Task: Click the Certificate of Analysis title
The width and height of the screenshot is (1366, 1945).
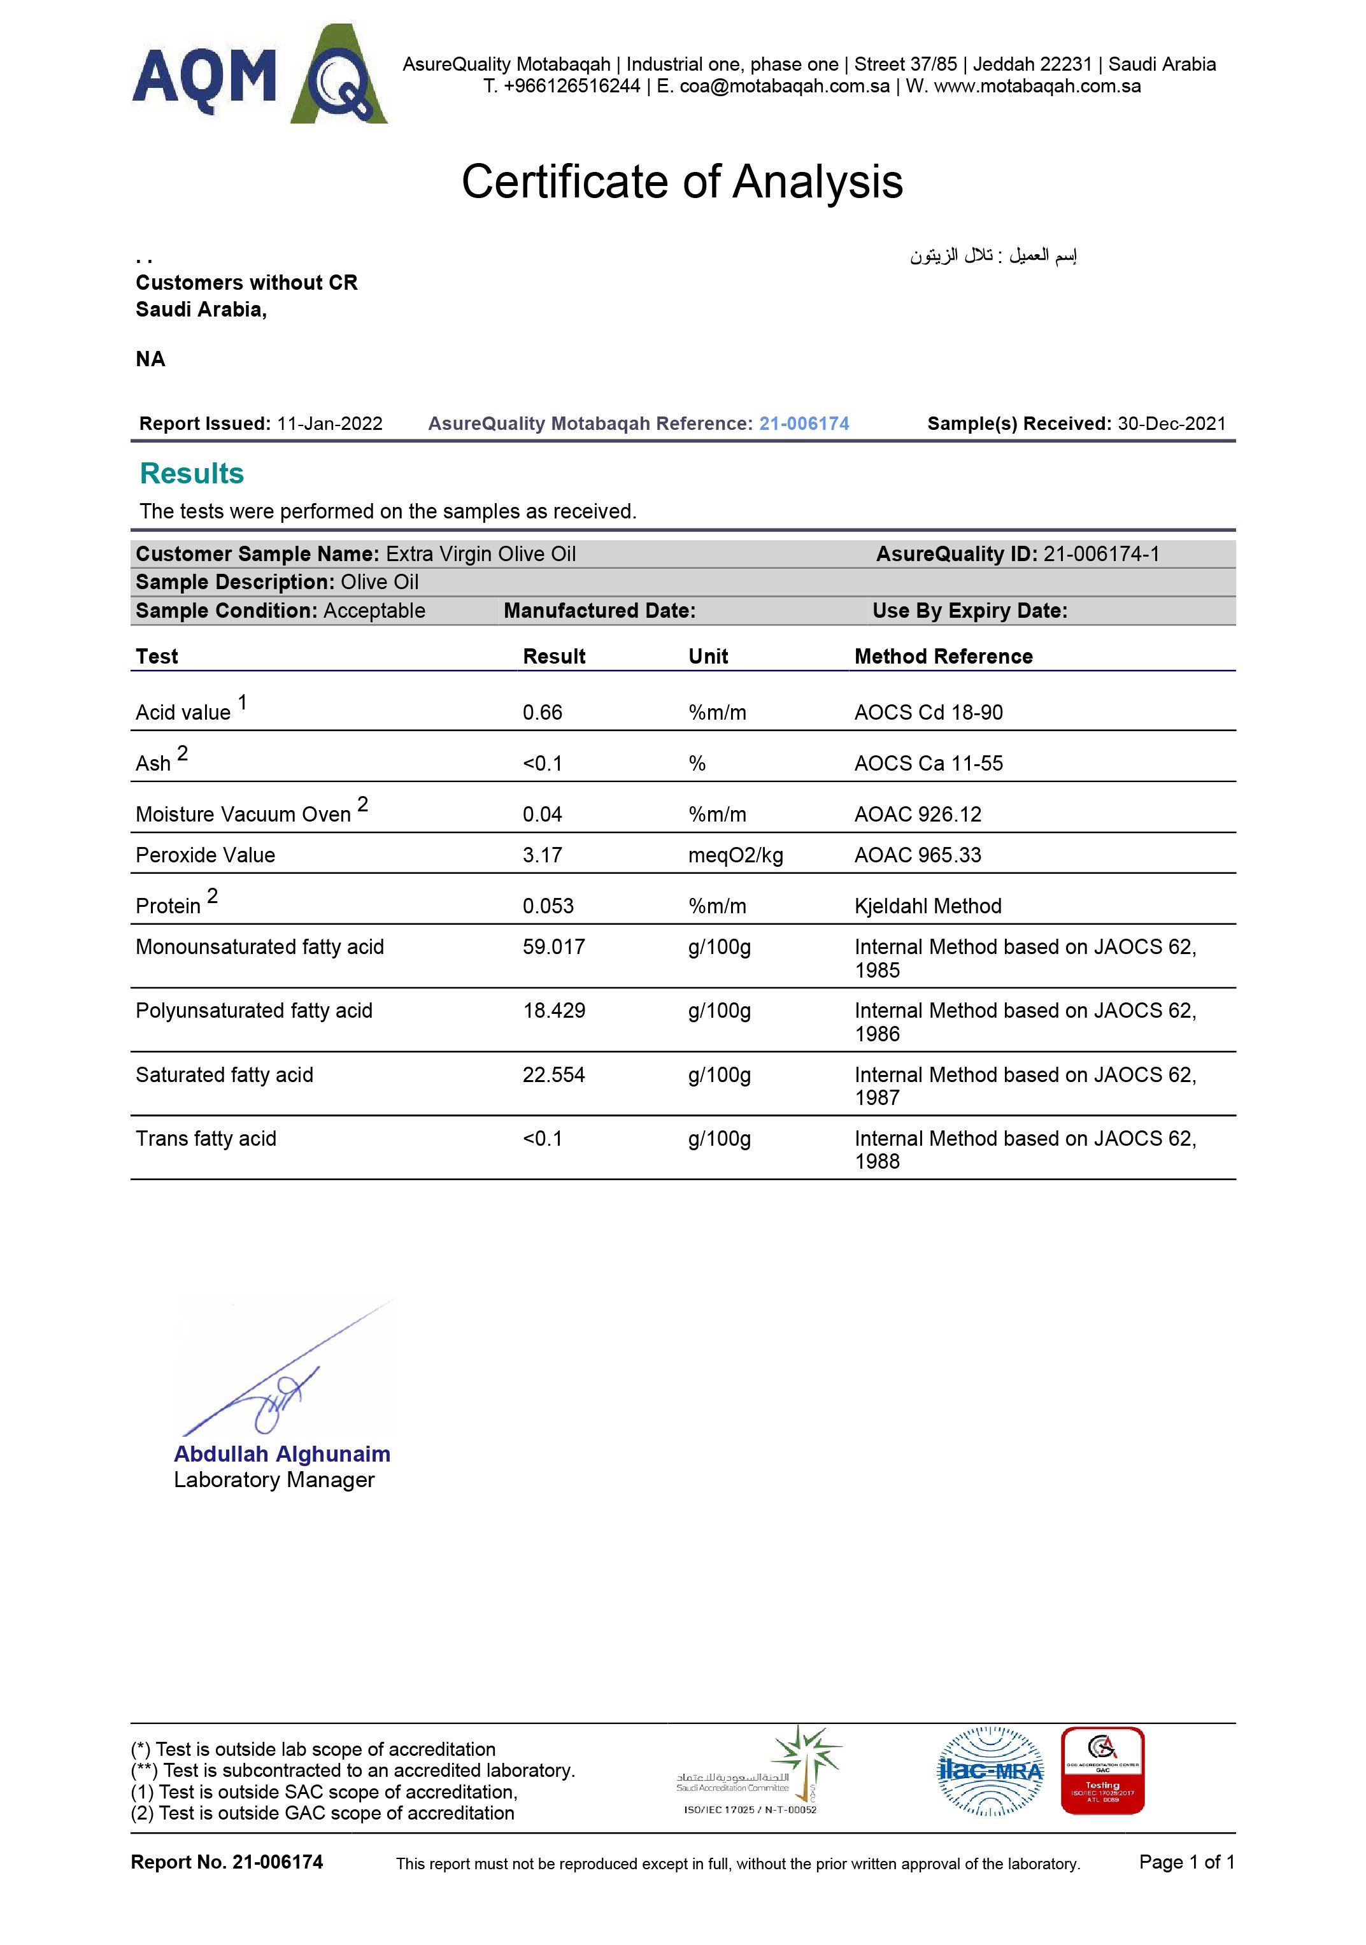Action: pyautogui.click(x=682, y=182)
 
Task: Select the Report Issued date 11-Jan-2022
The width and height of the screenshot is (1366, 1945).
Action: pyautogui.click(x=329, y=424)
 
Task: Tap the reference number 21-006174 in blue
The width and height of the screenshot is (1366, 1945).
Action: pyautogui.click(x=804, y=424)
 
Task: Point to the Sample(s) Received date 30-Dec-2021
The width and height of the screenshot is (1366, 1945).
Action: pyautogui.click(x=1171, y=424)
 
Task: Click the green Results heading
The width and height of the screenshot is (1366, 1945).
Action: pyautogui.click(x=192, y=474)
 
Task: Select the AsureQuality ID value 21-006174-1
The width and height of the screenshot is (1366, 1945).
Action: pyautogui.click(x=1101, y=554)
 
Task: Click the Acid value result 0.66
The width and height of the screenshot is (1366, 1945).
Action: pyautogui.click(x=542, y=713)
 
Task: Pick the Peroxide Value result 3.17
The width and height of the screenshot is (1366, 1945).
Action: pyautogui.click(x=542, y=855)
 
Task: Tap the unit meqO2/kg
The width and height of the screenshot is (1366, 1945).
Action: pyautogui.click(x=735, y=855)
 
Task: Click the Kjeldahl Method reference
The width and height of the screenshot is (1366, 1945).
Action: pyautogui.click(x=927, y=906)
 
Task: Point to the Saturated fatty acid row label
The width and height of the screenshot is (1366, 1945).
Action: pyautogui.click(x=224, y=1074)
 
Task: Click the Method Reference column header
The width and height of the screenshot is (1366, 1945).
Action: pyautogui.click(x=943, y=657)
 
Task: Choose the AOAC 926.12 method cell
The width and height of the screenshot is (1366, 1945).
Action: pyautogui.click(x=917, y=814)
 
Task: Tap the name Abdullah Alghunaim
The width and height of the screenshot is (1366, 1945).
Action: pyautogui.click(x=282, y=1454)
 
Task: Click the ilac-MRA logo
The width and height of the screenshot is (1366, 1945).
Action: pyautogui.click(x=990, y=1770)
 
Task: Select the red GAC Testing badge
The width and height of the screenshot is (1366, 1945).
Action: pyautogui.click(x=1102, y=1770)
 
